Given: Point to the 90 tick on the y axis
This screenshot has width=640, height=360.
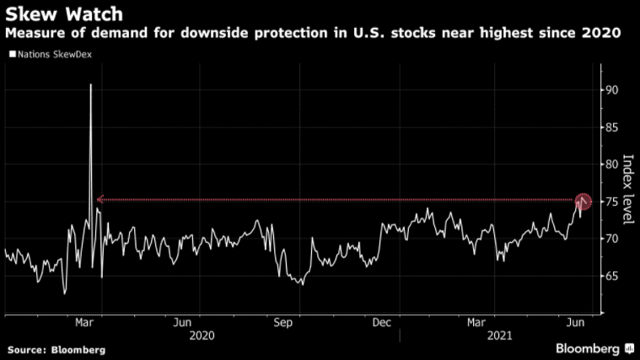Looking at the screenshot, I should [613, 90].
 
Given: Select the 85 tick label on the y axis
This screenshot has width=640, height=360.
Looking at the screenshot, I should [613, 127].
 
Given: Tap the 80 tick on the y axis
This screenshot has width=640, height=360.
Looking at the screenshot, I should [613, 164].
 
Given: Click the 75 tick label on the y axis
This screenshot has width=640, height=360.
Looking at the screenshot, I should [613, 201].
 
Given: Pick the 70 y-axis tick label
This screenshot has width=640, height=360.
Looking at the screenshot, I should [613, 239].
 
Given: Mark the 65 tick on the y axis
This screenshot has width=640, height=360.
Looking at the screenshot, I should [613, 277].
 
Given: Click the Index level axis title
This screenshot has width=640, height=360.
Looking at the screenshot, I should [627, 189].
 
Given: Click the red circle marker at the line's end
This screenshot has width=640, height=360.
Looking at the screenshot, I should [583, 201].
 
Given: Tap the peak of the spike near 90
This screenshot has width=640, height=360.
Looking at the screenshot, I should [90, 85].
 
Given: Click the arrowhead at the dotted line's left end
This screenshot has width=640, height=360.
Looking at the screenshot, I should [99, 200].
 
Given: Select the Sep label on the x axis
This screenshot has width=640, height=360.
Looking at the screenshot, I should [282, 321].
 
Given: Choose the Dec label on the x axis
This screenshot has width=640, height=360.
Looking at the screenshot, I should [380, 321].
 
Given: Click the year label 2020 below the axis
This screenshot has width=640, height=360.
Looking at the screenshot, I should [202, 335].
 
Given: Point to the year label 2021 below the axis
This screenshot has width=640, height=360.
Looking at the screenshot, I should [502, 335].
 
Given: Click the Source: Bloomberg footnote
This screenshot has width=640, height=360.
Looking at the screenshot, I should [56, 349].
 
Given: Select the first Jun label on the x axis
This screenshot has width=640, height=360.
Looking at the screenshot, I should [182, 321].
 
